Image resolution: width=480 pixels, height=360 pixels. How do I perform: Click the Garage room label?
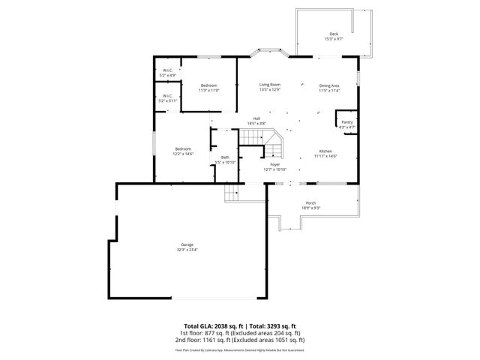pos(187,245)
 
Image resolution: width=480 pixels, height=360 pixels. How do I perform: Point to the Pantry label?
pos(346,122)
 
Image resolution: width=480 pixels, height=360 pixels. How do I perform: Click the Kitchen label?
pos(325,151)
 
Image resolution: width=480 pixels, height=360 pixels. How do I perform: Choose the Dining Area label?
pos(329,85)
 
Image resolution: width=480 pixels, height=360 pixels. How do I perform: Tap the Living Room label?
pos(270,85)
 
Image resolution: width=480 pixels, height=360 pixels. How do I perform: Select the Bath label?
pos(225,157)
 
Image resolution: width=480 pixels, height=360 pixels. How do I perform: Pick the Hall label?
pos(256,118)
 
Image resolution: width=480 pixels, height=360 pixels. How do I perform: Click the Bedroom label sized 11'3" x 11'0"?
pos(209,85)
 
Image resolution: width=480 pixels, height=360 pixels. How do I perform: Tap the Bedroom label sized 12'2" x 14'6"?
pos(183,148)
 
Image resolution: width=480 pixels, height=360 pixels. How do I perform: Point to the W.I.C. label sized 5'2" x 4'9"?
pos(167,71)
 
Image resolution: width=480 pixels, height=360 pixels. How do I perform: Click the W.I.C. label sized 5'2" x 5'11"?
pos(166,96)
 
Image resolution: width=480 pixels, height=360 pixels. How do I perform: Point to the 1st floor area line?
pos(239,333)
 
